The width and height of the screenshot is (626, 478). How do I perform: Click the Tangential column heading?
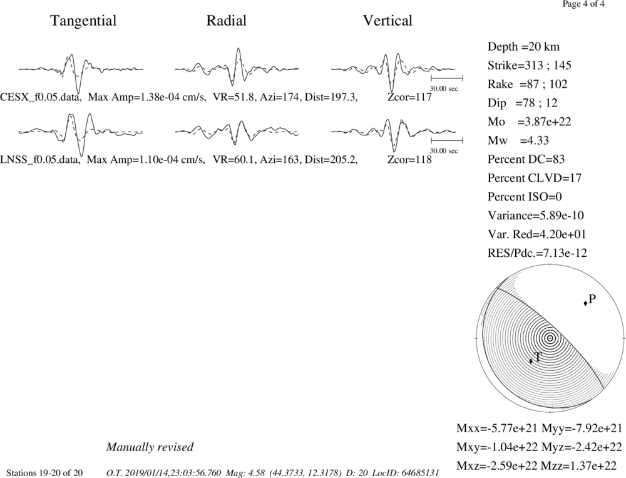[83, 21]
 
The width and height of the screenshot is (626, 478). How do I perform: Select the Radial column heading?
[227, 21]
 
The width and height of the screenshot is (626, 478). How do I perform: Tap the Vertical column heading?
[387, 21]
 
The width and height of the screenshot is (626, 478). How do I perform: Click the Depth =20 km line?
[523, 47]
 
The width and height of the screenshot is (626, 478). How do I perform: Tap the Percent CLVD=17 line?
[535, 178]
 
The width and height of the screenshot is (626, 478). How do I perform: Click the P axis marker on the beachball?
[585, 303]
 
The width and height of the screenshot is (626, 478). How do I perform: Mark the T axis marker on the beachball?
[531, 361]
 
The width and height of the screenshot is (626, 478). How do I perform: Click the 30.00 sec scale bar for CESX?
[447, 78]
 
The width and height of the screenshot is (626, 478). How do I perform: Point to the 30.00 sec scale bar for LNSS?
[447, 141]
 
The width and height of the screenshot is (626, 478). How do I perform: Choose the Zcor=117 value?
[409, 97]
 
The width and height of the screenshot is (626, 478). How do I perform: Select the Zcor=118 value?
[409, 160]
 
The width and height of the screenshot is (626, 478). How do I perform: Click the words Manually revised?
[150, 447]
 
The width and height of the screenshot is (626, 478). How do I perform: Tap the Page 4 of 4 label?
[583, 4]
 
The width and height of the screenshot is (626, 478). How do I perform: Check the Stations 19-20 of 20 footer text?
[44, 473]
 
